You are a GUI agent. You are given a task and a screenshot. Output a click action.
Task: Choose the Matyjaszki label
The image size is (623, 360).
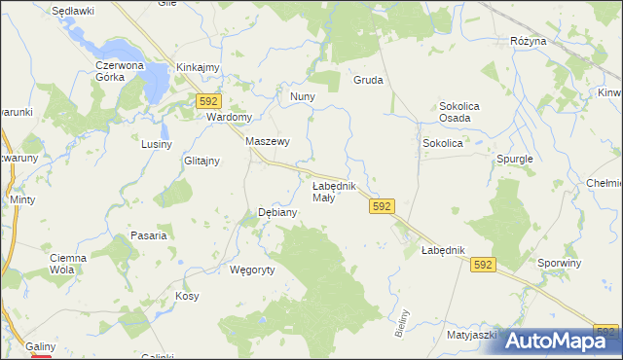[472, 335]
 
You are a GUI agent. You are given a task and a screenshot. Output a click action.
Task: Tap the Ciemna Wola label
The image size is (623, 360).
[69, 264]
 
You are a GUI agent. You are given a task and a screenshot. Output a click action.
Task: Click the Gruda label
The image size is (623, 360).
[368, 81]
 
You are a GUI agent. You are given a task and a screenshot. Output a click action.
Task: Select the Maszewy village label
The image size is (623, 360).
[268, 141]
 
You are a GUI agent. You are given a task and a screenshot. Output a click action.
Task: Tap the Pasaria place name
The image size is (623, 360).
[149, 235]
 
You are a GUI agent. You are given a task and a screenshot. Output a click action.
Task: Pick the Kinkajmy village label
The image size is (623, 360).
[198, 67]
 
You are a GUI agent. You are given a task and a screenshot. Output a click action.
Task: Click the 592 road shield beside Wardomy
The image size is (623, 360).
[208, 100]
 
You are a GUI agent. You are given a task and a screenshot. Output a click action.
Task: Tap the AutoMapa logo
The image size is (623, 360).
[560, 341]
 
